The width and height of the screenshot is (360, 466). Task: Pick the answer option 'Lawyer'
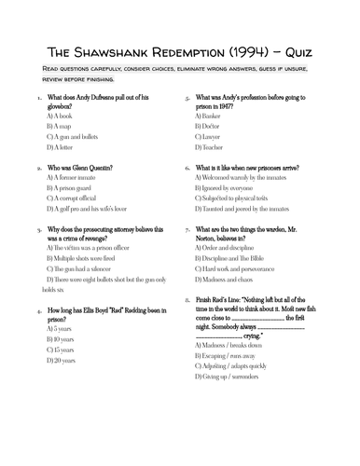coord(211,136)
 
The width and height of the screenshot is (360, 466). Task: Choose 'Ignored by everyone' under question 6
coord(228,189)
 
